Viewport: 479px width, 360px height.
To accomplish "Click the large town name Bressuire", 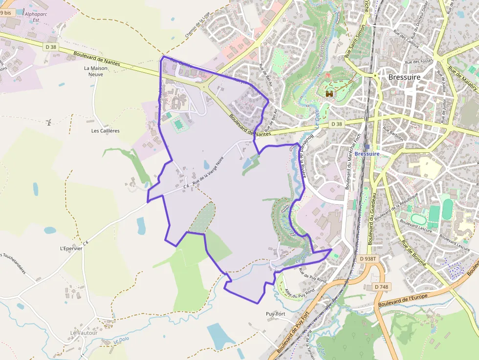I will point(404,77).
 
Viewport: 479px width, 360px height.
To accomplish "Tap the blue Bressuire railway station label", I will point(367,153).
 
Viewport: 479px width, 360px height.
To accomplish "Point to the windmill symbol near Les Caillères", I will point(49,122).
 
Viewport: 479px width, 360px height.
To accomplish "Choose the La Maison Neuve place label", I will point(95,71).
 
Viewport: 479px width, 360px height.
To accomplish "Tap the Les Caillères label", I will point(106,131).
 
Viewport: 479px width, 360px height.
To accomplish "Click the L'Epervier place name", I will point(71,248).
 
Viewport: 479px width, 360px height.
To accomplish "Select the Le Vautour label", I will point(81,333).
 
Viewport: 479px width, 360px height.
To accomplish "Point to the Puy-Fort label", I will point(275,314).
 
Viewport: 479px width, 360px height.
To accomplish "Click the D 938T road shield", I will point(368,258).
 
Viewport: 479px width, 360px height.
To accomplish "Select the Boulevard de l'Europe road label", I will point(403,300).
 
